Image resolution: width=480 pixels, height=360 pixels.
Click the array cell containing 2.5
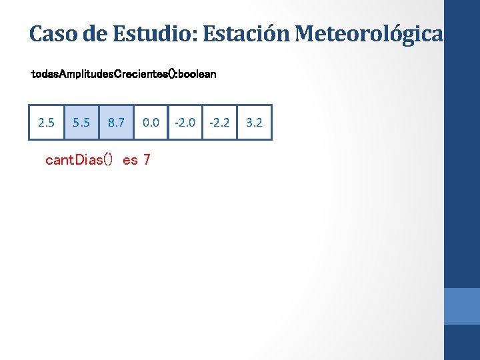click(47, 123)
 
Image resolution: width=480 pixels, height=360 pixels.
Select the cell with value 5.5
click(81, 123)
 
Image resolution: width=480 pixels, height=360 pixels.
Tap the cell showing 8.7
click(116, 123)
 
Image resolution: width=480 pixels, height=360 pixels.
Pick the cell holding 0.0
click(151, 123)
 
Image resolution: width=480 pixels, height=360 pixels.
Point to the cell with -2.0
click(185, 123)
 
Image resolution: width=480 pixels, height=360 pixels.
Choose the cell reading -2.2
click(219, 123)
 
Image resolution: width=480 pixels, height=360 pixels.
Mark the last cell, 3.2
click(254, 123)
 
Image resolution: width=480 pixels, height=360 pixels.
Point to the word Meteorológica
click(369, 33)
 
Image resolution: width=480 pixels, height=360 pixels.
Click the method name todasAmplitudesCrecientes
click(93, 74)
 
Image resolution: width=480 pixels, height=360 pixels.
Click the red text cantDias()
click(79, 160)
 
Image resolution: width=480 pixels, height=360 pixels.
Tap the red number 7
click(147, 160)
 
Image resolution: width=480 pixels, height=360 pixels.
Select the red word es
click(130, 160)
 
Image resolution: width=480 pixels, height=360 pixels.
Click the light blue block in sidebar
click(462, 306)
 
